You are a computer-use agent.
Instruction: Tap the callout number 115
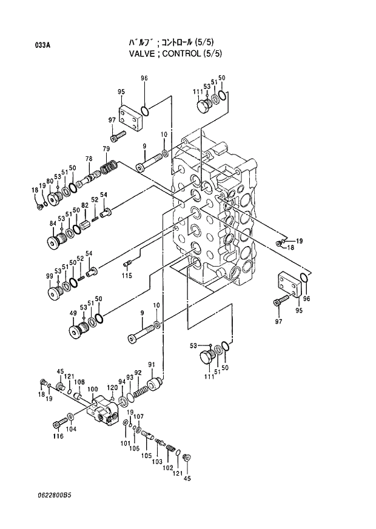tap(126, 276)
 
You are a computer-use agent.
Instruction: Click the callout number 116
tap(58, 436)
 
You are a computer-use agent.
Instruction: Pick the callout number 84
tap(53, 224)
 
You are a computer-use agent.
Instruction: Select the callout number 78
tap(89, 158)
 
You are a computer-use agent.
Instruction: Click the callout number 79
tap(106, 149)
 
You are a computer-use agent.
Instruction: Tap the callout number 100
tap(92, 389)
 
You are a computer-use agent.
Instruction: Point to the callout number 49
tap(73, 313)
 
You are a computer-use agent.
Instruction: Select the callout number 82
tap(85, 205)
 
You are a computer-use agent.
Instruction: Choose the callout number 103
tap(158, 461)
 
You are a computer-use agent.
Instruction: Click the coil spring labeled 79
tap(109, 165)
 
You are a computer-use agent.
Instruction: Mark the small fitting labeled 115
tap(127, 263)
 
